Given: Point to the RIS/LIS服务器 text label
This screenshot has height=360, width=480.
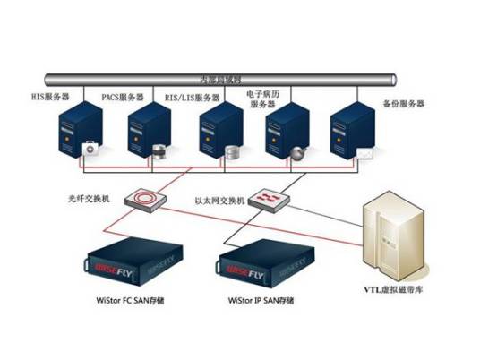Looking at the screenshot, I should point(191,97).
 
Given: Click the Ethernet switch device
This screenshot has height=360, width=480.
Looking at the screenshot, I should point(267,198).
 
